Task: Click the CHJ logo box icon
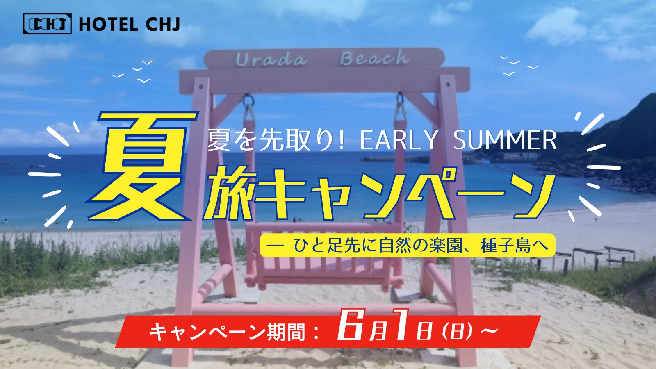tap(47, 24)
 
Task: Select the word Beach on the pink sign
tap(375, 58)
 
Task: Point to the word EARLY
tap(399, 140)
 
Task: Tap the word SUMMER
tap(505, 140)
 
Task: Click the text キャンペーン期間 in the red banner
tap(227, 332)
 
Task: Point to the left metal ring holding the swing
tap(248, 100)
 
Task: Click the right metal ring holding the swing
tap(401, 99)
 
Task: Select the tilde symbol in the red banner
tap(490, 331)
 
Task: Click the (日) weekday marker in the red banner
tap(458, 331)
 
